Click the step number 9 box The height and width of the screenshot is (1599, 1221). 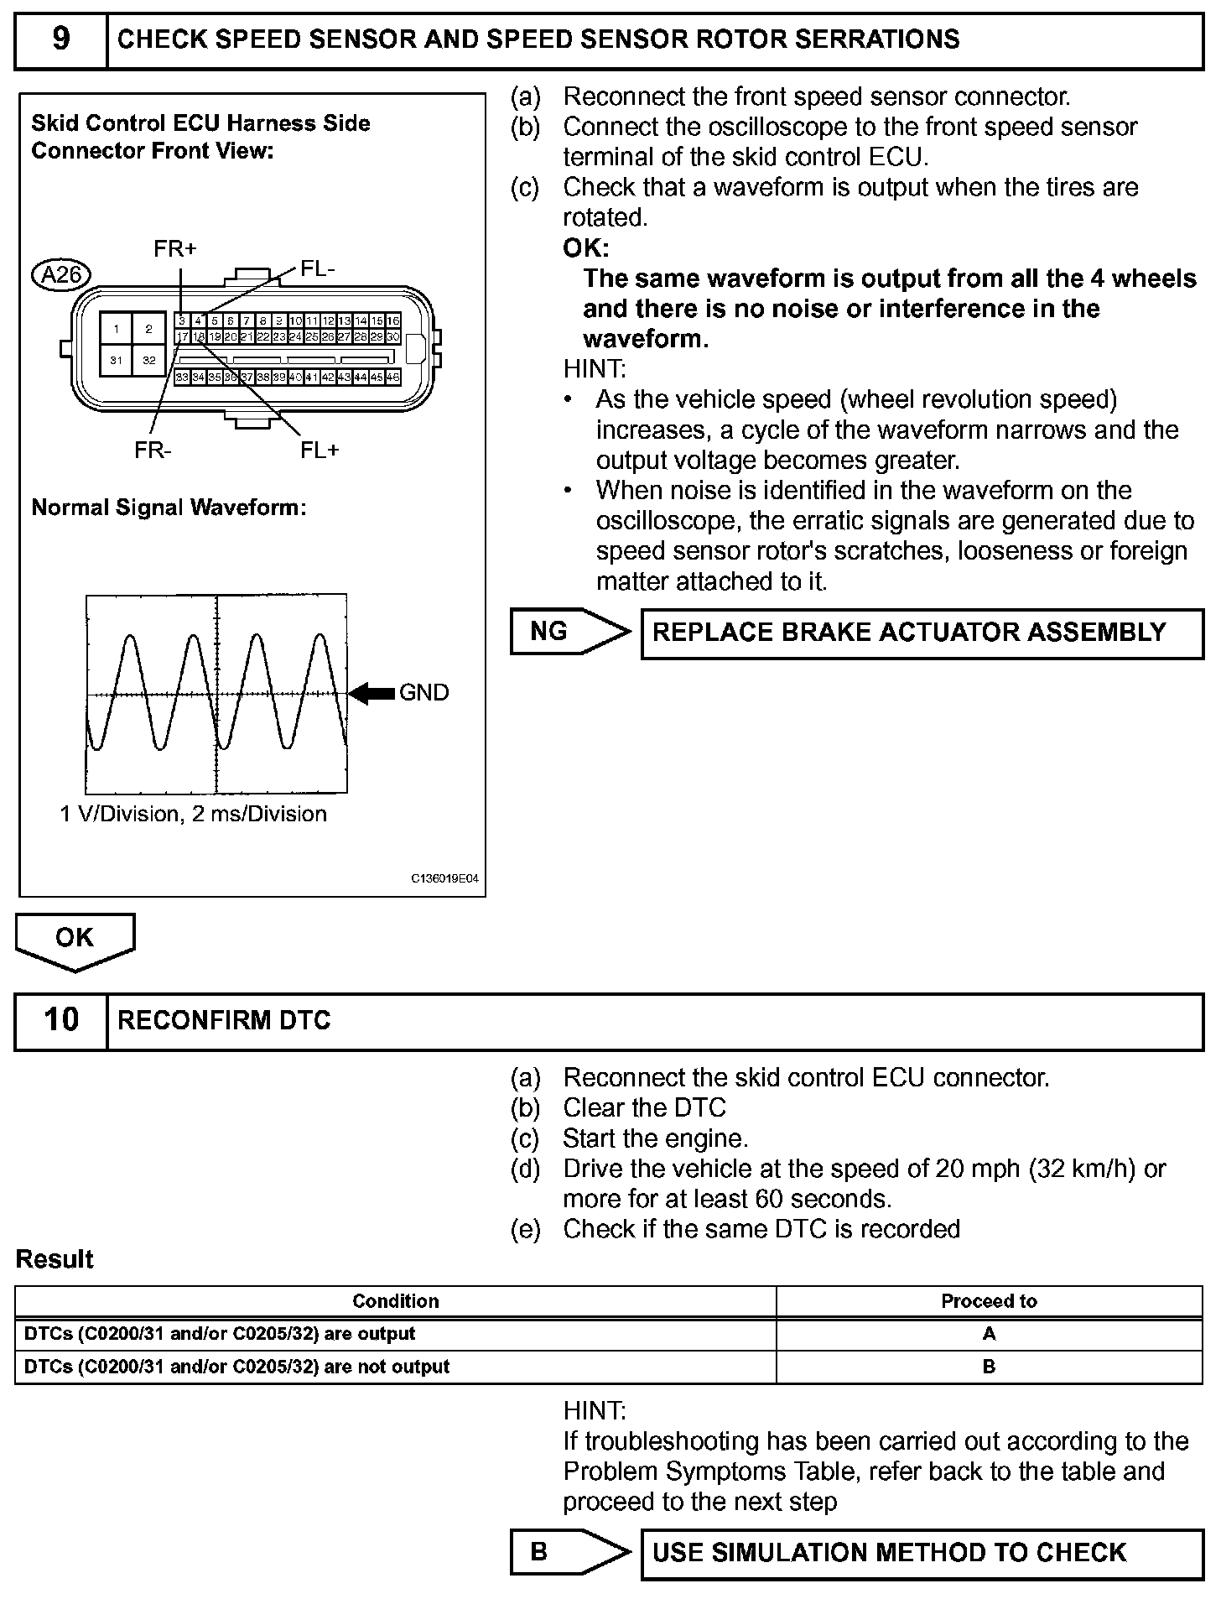tap(61, 40)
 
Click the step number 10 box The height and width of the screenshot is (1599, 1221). tap(61, 1020)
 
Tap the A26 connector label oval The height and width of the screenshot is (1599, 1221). tap(60, 274)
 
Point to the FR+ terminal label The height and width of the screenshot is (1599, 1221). tap(174, 248)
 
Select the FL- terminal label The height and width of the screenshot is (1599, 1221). tap(318, 268)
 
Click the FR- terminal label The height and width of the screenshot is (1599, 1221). tap(153, 451)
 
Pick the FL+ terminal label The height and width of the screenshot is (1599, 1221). tap(320, 451)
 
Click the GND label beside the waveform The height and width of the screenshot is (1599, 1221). tap(423, 693)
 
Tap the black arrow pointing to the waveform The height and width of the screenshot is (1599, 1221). tap(371, 693)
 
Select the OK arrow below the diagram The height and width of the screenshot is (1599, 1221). tap(75, 940)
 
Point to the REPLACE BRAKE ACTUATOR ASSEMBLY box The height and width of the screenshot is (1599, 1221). tap(922, 633)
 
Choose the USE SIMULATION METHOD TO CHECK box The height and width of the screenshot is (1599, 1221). tap(922, 1553)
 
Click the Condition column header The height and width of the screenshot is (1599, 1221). tap(395, 1301)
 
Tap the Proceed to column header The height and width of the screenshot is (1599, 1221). tap(989, 1301)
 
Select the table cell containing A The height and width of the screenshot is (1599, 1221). tap(989, 1334)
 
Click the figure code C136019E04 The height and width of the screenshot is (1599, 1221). tap(444, 879)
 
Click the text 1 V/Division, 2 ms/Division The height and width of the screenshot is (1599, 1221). tap(194, 814)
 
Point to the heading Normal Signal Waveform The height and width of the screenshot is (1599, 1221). tap(169, 508)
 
